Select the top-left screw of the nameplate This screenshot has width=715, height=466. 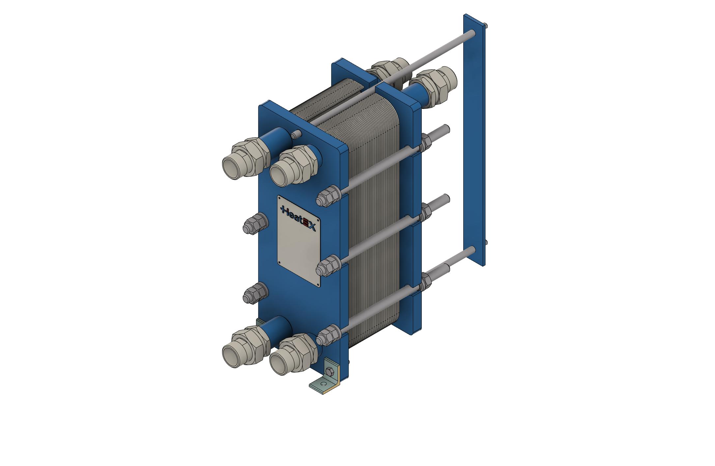[x=280, y=199]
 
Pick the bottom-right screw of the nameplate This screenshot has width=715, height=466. [x=318, y=284]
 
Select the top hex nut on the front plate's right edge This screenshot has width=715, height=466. [x=327, y=197]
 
